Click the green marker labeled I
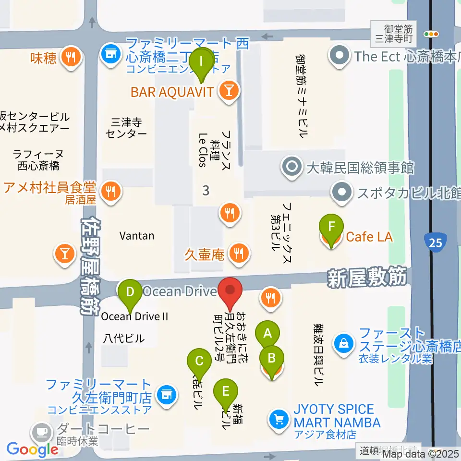[201, 62]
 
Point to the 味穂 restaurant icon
[71, 58]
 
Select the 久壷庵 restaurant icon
[239, 253]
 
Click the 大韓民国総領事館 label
[360, 168]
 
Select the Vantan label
[137, 236]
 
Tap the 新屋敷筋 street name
[367, 277]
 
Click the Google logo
[33, 449]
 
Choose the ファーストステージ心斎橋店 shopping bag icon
[344, 344]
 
